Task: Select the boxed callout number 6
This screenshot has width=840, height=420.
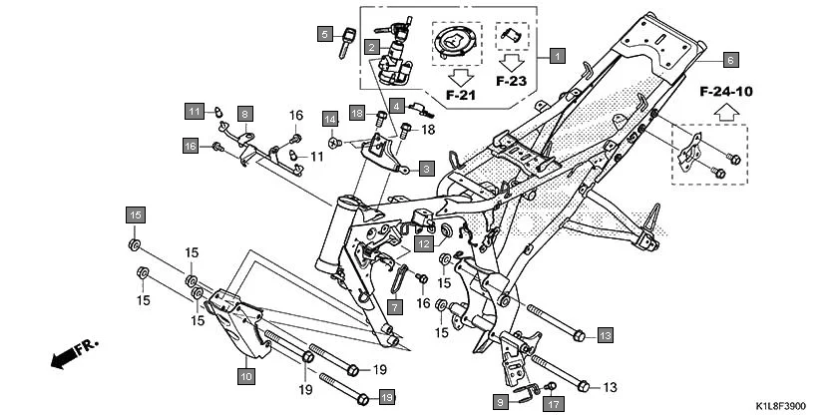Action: (729, 58)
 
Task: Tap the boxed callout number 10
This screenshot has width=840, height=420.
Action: (245, 376)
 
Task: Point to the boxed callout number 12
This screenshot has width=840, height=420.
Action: (424, 243)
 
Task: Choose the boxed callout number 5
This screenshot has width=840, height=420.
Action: (324, 34)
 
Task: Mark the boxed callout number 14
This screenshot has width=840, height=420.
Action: (329, 120)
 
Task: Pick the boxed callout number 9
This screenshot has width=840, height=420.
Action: (501, 401)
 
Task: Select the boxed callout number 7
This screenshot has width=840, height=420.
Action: (394, 305)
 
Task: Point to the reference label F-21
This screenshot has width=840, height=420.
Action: (462, 96)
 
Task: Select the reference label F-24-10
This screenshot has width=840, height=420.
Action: (725, 91)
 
